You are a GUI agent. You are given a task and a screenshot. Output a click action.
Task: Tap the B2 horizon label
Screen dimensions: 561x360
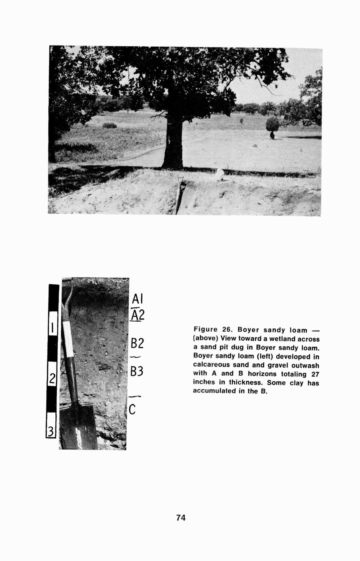pos(137,344)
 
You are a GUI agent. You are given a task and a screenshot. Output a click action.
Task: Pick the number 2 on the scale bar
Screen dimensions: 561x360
pos(52,379)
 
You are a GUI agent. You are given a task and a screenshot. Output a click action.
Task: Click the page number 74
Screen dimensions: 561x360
pos(181,518)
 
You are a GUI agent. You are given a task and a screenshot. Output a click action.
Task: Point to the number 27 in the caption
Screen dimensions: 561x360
pos(314,374)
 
